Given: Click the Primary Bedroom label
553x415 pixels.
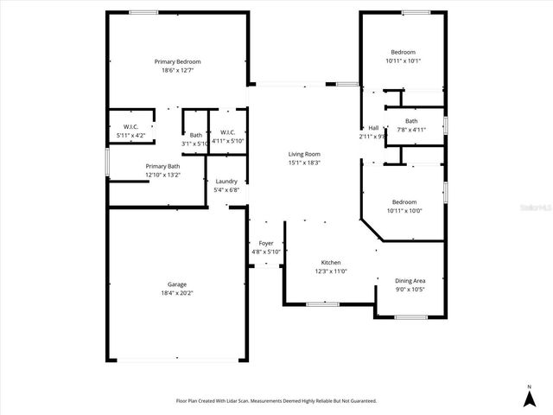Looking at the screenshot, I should point(177,61).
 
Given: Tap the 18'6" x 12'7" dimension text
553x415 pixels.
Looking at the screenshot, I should point(177,70).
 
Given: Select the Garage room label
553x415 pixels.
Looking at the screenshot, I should point(177,284).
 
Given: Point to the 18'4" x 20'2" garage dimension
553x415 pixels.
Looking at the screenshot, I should point(177,293).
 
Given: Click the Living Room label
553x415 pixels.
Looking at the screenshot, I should point(304,154).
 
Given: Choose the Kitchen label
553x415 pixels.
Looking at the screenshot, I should point(331,263).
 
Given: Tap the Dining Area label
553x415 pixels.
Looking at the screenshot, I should point(410,280).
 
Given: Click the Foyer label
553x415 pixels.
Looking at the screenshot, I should point(266,244).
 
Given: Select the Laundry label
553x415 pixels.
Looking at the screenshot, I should point(226,182).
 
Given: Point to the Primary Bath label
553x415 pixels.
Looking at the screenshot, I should point(162,166).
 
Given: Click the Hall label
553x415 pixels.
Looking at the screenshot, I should point(373,128).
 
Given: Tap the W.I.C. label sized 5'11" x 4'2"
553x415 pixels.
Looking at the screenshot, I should point(131,127).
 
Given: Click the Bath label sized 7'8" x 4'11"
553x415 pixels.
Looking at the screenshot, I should point(411,121).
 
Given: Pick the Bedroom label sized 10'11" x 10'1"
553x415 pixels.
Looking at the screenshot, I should point(402,52).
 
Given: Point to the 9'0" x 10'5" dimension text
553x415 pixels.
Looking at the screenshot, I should point(410,289).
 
